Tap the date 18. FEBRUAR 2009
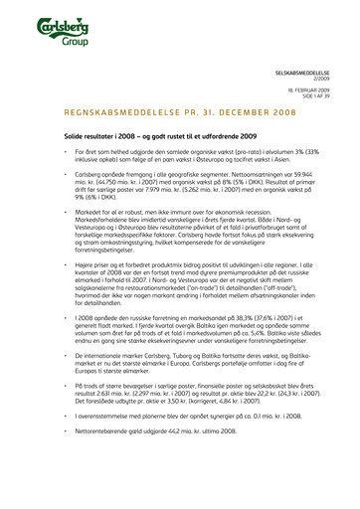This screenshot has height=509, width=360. pyautogui.click(x=317, y=88)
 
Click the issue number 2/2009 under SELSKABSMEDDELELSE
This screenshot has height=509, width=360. pyautogui.click(x=329, y=80)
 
